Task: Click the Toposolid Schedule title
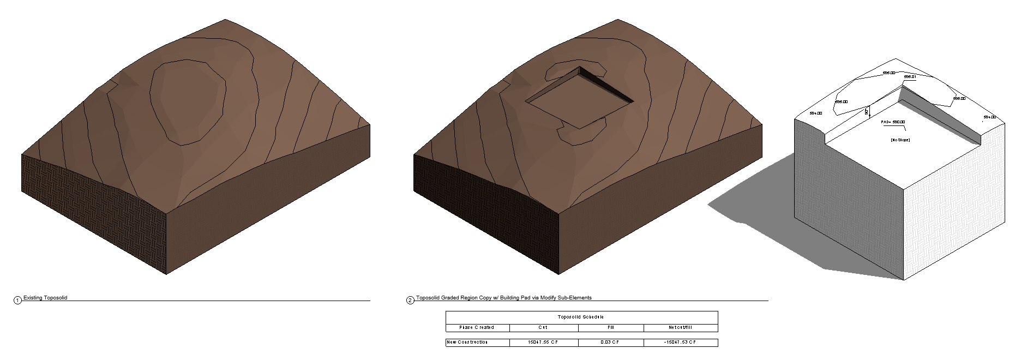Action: pos(581,317)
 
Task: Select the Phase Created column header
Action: pos(477,327)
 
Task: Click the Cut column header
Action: pos(543,327)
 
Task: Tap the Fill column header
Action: pos(610,327)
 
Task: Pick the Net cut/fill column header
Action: pos(680,327)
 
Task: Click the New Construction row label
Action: pos(467,343)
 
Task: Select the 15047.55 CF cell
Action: pos(543,343)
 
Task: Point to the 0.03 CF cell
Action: pos(610,343)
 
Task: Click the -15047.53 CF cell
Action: pos(680,343)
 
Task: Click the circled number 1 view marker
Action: pos(17,300)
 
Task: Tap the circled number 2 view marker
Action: pos(410,300)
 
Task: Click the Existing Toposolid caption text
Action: pos(45,298)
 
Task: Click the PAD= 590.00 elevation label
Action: pos(893,122)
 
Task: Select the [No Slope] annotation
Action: pos(900,140)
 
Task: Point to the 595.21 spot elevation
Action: pos(910,77)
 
